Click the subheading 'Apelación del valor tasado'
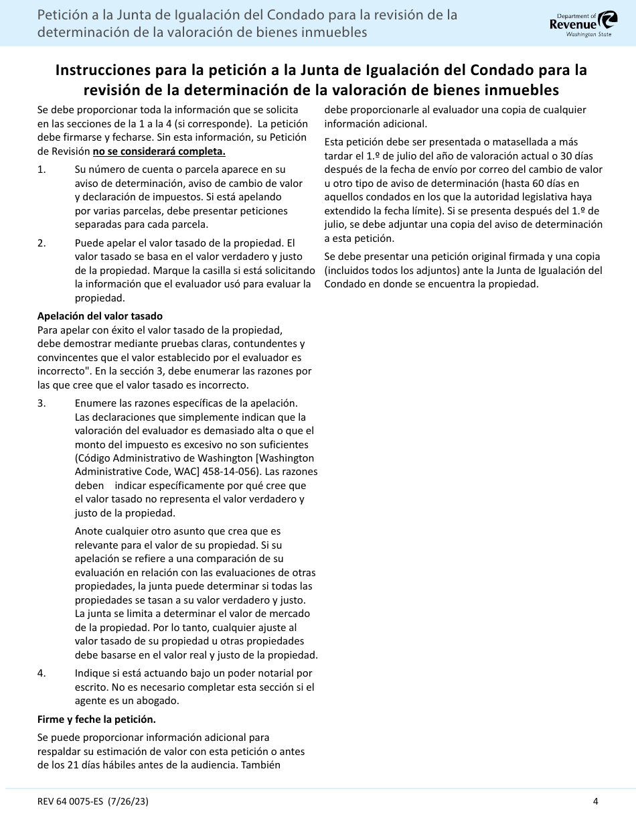(100, 316)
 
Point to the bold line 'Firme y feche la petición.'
(96, 719)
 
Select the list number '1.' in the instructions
(42, 169)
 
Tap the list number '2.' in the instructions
(42, 243)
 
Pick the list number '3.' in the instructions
(42, 403)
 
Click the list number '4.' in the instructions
(42, 673)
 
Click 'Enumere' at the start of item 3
(94, 403)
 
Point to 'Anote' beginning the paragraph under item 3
(88, 531)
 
